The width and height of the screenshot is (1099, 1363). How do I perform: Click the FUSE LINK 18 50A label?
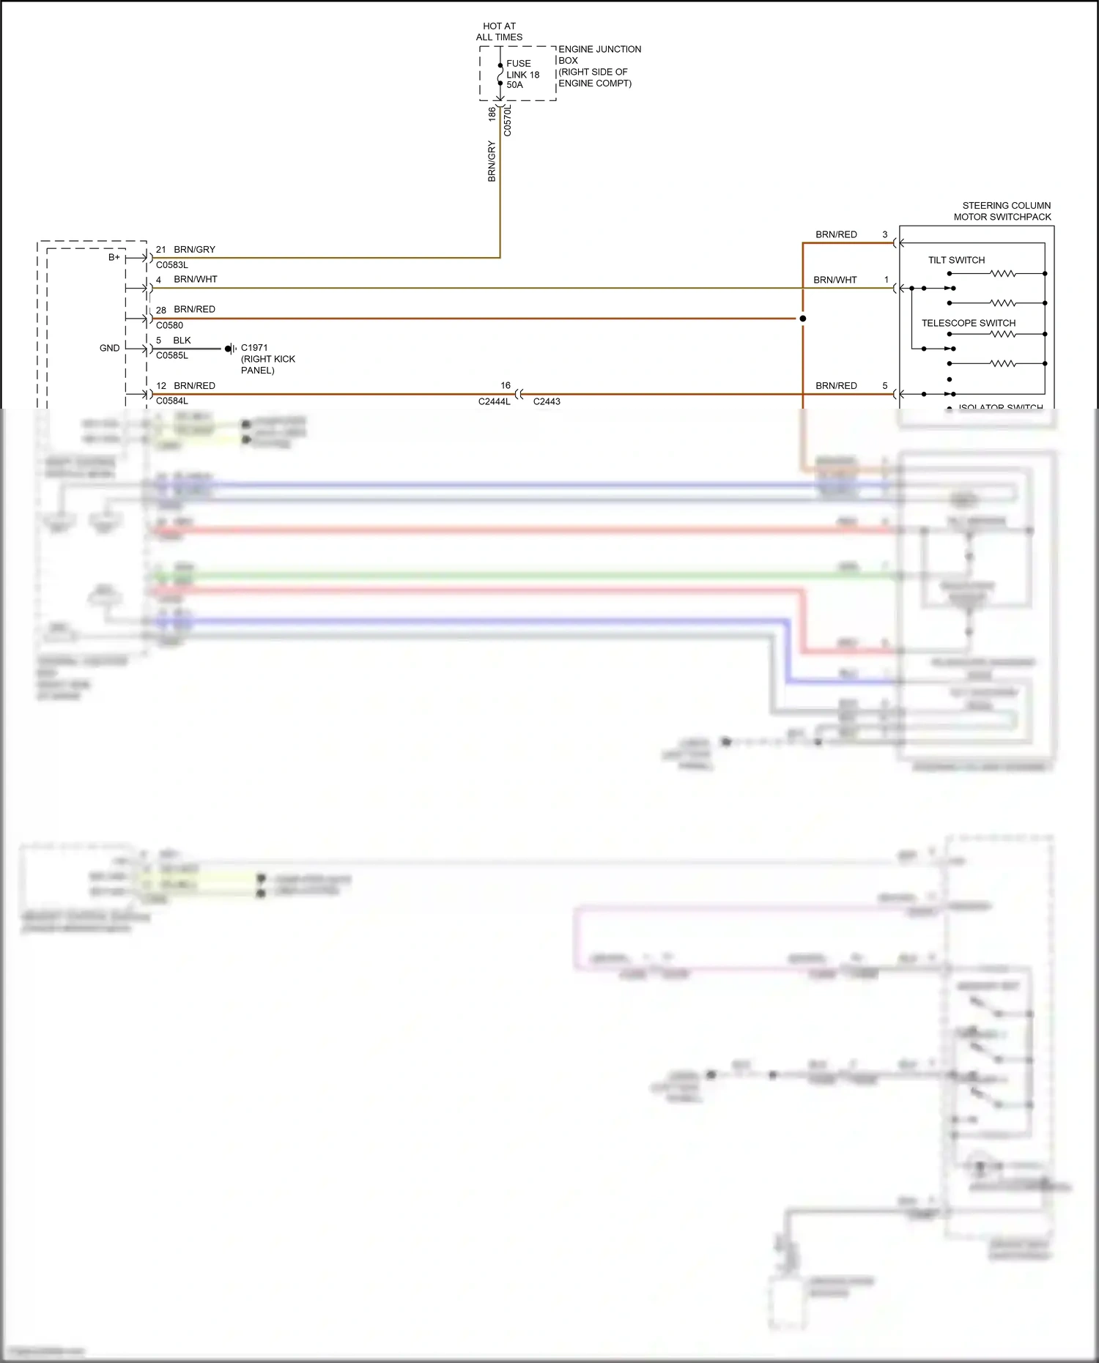[522, 74]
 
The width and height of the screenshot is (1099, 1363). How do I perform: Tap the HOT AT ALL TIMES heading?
[499, 31]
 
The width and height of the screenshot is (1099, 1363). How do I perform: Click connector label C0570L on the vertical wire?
[508, 120]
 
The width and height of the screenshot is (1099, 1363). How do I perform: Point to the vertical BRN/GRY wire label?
[492, 161]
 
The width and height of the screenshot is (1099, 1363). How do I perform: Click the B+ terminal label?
[114, 257]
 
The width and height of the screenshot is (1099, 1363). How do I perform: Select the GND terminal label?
[110, 348]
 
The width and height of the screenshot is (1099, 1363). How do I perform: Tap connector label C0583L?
[172, 265]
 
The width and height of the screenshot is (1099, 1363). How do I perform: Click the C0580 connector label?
[169, 325]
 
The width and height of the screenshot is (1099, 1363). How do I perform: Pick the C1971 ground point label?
[254, 348]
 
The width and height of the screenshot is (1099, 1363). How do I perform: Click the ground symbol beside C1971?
[229, 349]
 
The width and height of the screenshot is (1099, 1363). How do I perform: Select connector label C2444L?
[495, 401]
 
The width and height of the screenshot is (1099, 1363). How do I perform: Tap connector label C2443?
[547, 401]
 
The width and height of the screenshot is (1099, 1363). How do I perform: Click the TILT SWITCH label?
[956, 260]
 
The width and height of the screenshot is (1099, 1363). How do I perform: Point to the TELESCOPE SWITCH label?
[968, 323]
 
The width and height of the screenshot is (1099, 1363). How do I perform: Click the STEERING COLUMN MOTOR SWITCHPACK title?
[1002, 211]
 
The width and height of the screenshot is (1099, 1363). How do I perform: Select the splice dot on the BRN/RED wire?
[803, 319]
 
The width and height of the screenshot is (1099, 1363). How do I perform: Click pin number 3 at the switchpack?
[884, 234]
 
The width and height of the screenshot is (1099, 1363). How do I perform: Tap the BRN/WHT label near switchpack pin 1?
[835, 280]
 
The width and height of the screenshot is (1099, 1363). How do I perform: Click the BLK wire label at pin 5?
[182, 341]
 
